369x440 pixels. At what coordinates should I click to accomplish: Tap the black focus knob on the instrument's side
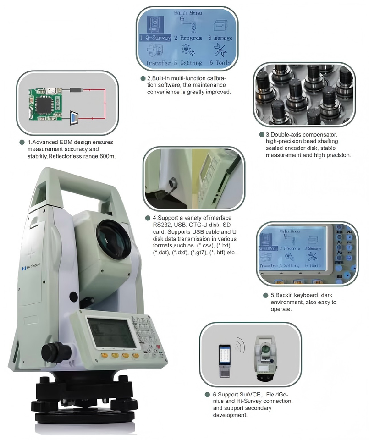click(x=55, y=352)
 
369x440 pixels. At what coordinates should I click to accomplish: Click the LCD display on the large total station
click(x=112, y=332)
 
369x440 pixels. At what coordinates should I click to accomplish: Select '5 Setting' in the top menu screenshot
click(x=188, y=62)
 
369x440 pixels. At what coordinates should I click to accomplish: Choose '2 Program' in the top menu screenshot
click(x=188, y=38)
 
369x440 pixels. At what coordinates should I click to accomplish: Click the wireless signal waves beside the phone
click(x=239, y=345)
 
